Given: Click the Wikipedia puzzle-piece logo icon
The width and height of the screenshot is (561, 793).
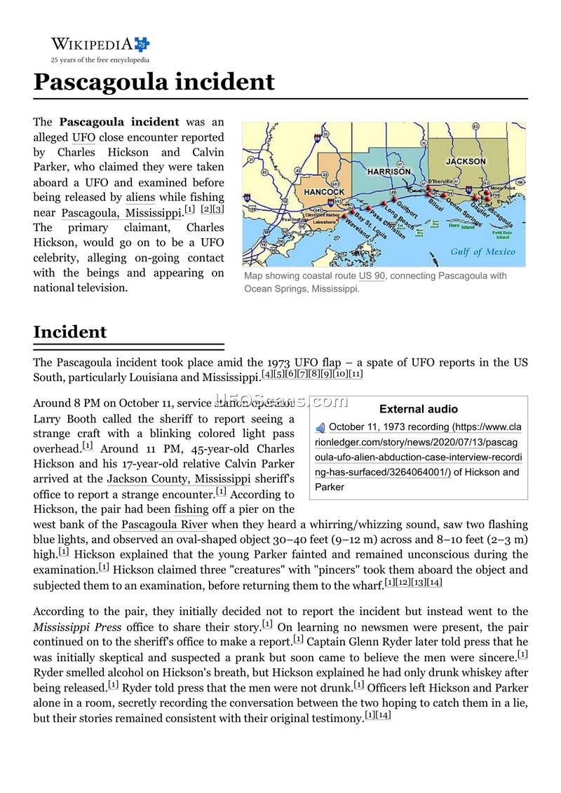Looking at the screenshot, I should click(142, 45).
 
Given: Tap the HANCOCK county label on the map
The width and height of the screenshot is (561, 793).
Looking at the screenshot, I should click(324, 192).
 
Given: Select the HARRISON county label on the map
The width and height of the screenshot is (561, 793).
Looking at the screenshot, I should click(389, 171).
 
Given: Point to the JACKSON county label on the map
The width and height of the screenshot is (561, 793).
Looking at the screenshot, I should click(466, 161).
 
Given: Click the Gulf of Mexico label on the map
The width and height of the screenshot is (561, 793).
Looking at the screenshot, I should click(482, 252).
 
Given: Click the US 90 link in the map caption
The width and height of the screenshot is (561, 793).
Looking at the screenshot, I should click(372, 276).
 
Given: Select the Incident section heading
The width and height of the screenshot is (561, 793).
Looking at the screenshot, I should click(70, 332).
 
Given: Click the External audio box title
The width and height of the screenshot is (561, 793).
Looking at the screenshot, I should click(418, 409).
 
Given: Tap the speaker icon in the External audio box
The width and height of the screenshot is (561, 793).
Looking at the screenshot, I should click(320, 427).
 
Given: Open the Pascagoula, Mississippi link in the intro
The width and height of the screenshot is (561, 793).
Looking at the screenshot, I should click(121, 213).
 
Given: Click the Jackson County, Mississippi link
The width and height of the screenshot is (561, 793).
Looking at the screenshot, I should click(178, 479).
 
